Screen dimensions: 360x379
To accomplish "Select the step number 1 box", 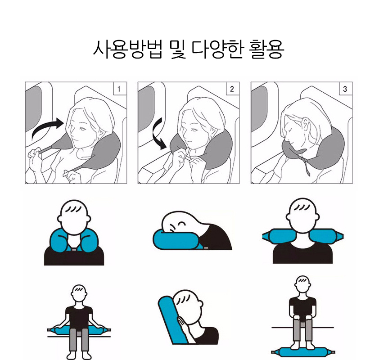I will [x=119, y=89].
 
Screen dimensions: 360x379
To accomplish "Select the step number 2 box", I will [x=232, y=89].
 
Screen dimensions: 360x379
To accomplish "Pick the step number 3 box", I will [x=345, y=89].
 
